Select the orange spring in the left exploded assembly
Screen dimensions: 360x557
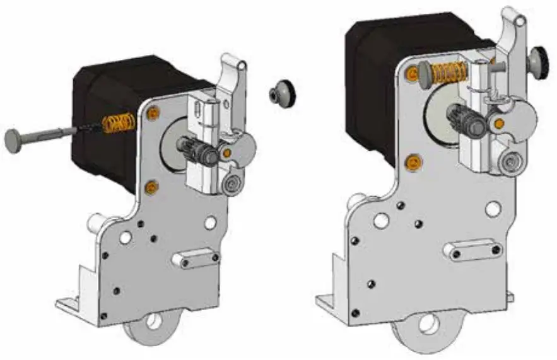pyautogui.click(x=118, y=122)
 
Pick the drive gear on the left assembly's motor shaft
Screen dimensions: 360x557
pyautogui.click(x=197, y=152)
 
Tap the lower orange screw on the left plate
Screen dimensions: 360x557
pyautogui.click(x=150, y=187)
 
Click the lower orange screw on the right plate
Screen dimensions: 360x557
pyautogui.click(x=413, y=163)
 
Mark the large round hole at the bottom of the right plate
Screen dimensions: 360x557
pyautogui.click(x=426, y=323)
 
